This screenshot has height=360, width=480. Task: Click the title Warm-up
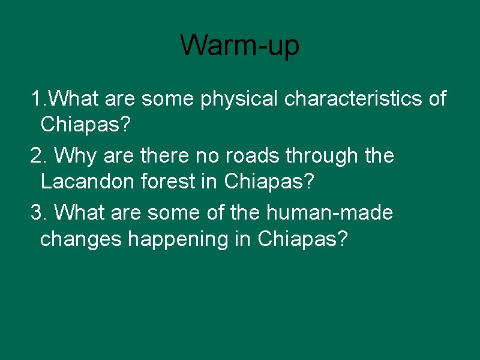(x=239, y=46)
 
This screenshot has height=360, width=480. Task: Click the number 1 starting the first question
(x=37, y=98)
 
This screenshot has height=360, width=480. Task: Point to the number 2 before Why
(x=37, y=156)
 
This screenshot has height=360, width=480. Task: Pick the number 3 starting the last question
(x=37, y=213)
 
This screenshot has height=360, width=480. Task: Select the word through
(x=324, y=157)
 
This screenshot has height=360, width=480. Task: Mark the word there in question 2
(x=161, y=156)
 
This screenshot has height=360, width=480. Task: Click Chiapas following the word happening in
(x=302, y=239)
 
